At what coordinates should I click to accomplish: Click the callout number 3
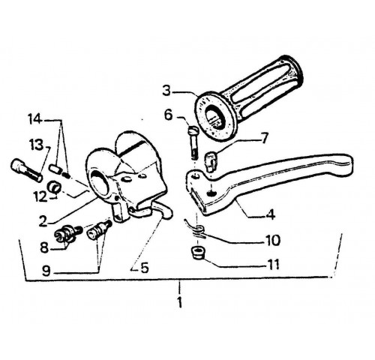point(166,91)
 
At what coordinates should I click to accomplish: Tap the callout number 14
point(34,119)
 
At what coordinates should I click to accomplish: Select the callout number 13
point(36,145)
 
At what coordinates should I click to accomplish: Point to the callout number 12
point(40,197)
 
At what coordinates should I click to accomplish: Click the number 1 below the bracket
point(179,302)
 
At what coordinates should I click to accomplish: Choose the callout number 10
point(273,240)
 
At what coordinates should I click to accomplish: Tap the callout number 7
point(264,138)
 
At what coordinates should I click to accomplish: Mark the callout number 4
point(271,214)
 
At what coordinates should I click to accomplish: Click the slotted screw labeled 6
point(193,142)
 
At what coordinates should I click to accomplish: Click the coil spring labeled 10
point(196,230)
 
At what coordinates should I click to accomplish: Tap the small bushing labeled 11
point(198,252)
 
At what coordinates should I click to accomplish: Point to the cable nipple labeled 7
point(211,162)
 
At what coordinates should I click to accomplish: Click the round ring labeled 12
point(53,187)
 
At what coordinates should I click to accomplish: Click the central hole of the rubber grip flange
point(214,117)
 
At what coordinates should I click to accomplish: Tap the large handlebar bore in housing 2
point(100,184)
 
